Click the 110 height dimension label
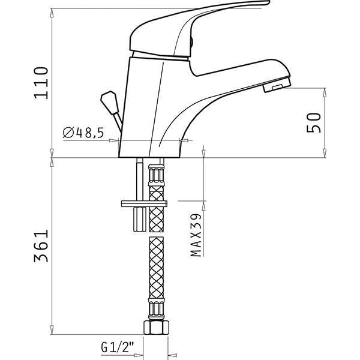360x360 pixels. (41, 83)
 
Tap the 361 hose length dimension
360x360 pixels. (41, 245)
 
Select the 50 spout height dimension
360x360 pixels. (314, 123)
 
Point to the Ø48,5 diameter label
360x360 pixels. (83, 133)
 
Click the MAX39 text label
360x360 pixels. (196, 235)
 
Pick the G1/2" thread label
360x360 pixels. (118, 347)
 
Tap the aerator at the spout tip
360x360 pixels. (277, 85)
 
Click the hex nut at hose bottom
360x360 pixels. (157, 327)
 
